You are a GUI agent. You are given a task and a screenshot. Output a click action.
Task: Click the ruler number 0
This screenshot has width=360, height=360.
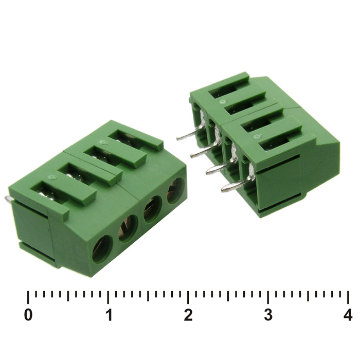pyautogui.click(x=28, y=315)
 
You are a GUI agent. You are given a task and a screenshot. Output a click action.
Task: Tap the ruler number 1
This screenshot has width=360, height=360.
pyautogui.click(x=109, y=315)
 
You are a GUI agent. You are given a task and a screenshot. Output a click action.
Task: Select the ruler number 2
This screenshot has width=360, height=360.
pyautogui.click(x=188, y=315)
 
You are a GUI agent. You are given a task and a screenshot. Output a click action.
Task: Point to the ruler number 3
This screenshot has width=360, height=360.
pyautogui.click(x=268, y=315)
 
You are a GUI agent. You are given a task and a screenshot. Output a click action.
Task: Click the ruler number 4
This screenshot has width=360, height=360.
pyautogui.click(x=348, y=315)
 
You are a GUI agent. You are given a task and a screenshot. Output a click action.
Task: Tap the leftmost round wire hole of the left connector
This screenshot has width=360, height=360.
pyautogui.click(x=102, y=249)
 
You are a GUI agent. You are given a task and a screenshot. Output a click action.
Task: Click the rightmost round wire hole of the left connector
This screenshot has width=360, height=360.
pyautogui.click(x=176, y=191)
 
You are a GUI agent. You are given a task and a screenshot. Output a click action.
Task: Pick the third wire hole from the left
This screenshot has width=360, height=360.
pyautogui.click(x=153, y=209)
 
